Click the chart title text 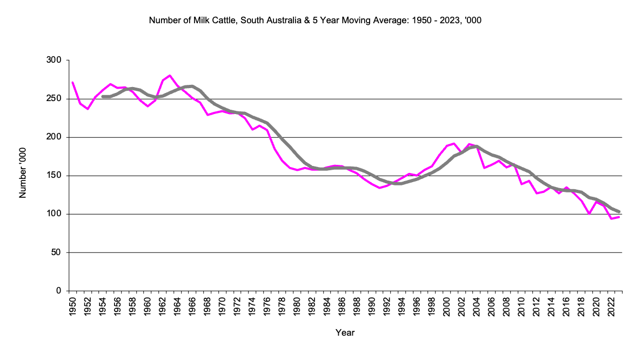coord(315,21)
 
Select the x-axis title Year coord(345,332)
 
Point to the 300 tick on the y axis coord(54,60)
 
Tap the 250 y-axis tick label coord(54,99)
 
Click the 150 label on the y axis coord(54,176)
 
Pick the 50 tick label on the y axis coord(56,252)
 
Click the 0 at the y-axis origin coord(59,291)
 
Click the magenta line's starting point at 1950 coord(72,82)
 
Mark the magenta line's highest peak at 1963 coord(170,75)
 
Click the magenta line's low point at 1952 coord(88,109)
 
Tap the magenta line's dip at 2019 coord(589,214)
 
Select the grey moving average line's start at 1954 coord(103,96)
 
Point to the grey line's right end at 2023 coord(619,211)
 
